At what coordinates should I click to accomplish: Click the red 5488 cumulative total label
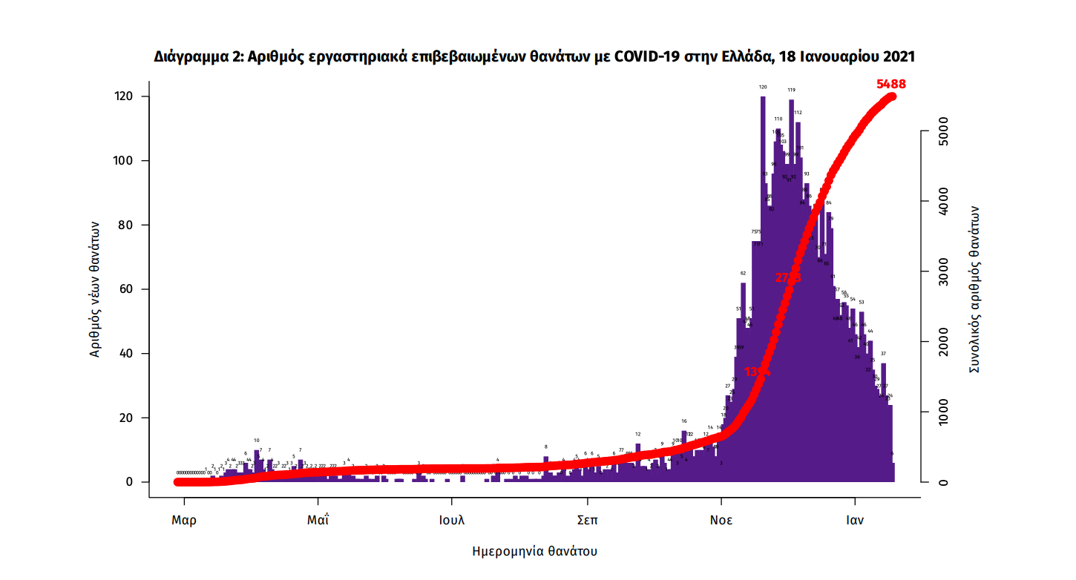point(890,85)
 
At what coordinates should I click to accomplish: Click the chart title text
point(534,56)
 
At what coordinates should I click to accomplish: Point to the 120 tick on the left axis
point(123,96)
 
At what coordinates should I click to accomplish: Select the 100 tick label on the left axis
point(123,161)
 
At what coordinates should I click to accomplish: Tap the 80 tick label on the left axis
point(125,225)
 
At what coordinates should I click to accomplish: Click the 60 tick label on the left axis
point(125,289)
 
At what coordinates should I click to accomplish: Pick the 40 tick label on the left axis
point(125,353)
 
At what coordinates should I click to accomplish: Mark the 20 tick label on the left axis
point(125,418)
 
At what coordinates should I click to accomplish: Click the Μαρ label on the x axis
point(184,520)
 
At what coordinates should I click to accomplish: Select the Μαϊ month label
point(318,520)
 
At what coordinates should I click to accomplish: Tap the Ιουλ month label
point(451,520)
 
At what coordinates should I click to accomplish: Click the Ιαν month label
point(855,520)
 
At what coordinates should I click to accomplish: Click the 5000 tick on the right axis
point(942,131)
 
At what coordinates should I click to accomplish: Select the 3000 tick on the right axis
point(942,271)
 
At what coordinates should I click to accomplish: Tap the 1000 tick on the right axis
point(942,412)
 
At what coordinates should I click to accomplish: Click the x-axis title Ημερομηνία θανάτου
point(534,552)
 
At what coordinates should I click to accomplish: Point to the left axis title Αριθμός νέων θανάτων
point(95,290)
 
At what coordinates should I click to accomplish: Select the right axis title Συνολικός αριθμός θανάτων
point(976,289)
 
